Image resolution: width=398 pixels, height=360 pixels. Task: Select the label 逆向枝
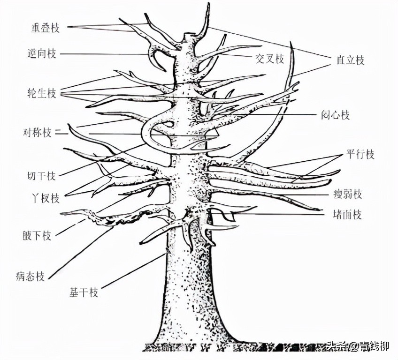pos(42,54)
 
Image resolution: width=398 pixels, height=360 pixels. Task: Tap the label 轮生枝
pos(42,94)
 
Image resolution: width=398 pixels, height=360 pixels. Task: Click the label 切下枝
pos(42,176)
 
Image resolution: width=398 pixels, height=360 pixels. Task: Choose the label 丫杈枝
pos(46,198)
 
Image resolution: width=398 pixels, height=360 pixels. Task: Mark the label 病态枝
pos(30,276)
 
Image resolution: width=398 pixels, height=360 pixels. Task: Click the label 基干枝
pos(84,293)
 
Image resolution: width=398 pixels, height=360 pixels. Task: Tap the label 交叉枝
pos(269,59)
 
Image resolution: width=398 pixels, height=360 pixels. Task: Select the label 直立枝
pos(350,60)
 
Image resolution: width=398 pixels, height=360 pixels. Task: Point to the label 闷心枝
pos(336,115)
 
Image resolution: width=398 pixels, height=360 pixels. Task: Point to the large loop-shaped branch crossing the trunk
pos(149,136)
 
